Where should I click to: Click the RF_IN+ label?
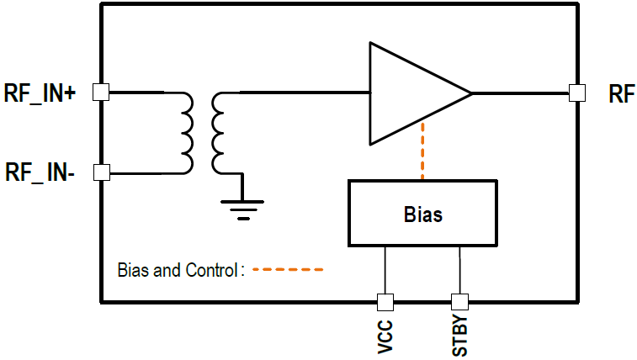click(40, 93)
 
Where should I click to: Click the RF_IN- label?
click(40, 173)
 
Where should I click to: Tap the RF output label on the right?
click(621, 94)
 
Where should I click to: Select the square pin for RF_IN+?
click(101, 93)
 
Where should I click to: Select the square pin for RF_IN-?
click(101, 172)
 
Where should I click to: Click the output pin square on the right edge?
click(576, 93)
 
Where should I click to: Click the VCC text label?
click(385, 334)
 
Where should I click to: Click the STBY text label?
click(459, 334)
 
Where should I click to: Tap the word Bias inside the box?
click(422, 214)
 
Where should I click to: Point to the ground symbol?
click(243, 206)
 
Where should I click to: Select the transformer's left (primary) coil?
click(186, 133)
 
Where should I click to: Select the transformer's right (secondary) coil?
click(219, 133)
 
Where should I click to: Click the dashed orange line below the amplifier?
click(422, 151)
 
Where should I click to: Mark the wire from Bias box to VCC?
click(385, 269)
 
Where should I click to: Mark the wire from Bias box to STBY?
click(459, 269)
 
